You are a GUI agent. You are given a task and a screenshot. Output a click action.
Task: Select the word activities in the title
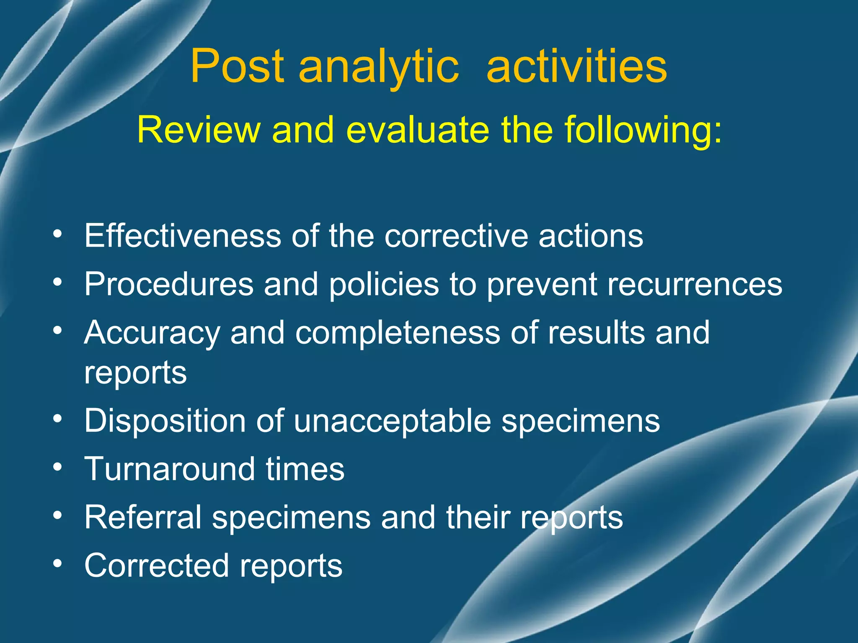(x=576, y=66)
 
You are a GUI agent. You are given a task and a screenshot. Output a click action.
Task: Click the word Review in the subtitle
(x=199, y=130)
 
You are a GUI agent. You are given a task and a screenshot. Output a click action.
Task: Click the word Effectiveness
(x=182, y=236)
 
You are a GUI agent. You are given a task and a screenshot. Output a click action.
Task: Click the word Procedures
(x=169, y=284)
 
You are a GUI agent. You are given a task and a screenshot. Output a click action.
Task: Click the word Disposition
(x=165, y=421)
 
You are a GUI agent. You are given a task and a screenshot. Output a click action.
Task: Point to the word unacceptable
(x=392, y=421)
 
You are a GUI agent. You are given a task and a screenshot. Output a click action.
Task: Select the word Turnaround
(x=169, y=469)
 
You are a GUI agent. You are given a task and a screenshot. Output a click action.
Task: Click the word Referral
(x=143, y=517)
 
